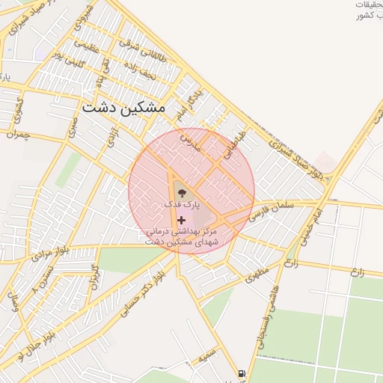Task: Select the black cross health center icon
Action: click(181, 220)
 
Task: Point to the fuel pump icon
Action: click(242, 373)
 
